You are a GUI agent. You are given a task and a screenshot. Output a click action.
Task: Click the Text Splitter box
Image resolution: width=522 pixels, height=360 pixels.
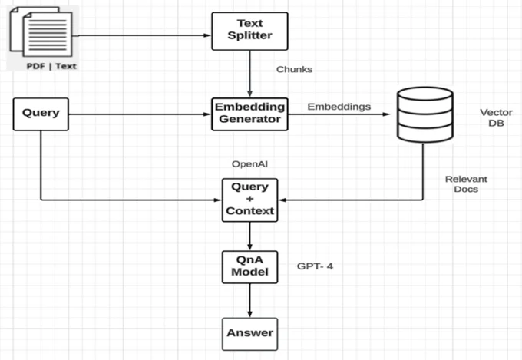point(249,31)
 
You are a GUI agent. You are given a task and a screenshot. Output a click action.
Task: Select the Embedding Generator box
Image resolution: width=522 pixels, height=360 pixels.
point(249,114)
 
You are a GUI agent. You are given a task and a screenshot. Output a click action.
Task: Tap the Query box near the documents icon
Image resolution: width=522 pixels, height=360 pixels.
point(41,114)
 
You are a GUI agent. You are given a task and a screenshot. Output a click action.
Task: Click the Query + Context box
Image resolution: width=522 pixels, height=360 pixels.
point(249,200)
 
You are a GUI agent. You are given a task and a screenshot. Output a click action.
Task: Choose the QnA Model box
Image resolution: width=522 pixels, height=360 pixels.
point(249,267)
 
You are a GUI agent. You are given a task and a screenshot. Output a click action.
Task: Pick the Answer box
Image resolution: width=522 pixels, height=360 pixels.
point(249,334)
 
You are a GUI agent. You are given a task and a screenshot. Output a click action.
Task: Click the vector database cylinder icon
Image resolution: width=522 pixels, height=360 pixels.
point(425,114)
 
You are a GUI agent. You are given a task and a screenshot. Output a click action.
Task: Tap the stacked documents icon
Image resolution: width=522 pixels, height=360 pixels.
point(41,31)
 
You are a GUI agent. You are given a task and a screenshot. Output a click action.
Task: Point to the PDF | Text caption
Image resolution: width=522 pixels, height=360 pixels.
point(51,66)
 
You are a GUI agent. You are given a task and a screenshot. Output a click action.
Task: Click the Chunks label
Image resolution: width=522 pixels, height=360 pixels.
point(294,69)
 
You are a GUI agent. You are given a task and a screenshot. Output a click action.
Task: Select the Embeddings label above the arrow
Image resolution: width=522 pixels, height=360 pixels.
point(339,107)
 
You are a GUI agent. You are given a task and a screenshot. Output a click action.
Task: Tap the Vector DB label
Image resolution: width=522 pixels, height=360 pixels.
point(496,117)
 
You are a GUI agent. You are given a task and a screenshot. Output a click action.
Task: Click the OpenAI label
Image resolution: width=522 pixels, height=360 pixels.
point(249,163)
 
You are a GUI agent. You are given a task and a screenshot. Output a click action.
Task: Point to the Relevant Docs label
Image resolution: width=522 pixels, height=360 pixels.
point(466,184)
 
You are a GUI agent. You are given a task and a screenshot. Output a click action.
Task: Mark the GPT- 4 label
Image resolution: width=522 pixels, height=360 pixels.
point(315,266)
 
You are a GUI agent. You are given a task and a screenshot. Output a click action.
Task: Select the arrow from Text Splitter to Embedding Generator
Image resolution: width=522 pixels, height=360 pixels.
point(249,74)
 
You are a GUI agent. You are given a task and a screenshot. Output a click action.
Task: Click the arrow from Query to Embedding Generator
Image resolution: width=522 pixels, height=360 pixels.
point(140,114)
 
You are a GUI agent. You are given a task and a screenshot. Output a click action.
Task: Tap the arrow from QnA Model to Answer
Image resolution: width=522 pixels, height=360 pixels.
point(249,301)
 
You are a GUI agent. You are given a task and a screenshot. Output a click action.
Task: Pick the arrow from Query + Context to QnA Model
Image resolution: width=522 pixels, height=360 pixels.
point(249,236)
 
